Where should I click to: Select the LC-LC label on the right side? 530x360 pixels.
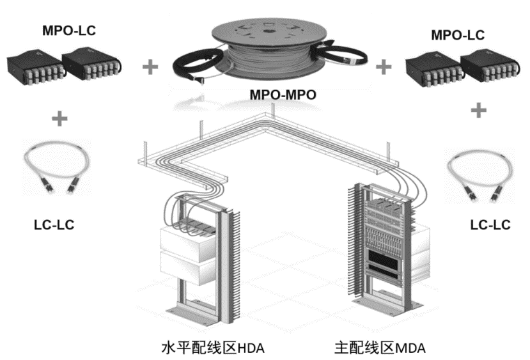click(x=490, y=225)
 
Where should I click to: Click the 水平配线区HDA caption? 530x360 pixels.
click(x=212, y=348)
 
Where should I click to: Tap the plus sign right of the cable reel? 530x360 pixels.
click(x=384, y=66)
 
